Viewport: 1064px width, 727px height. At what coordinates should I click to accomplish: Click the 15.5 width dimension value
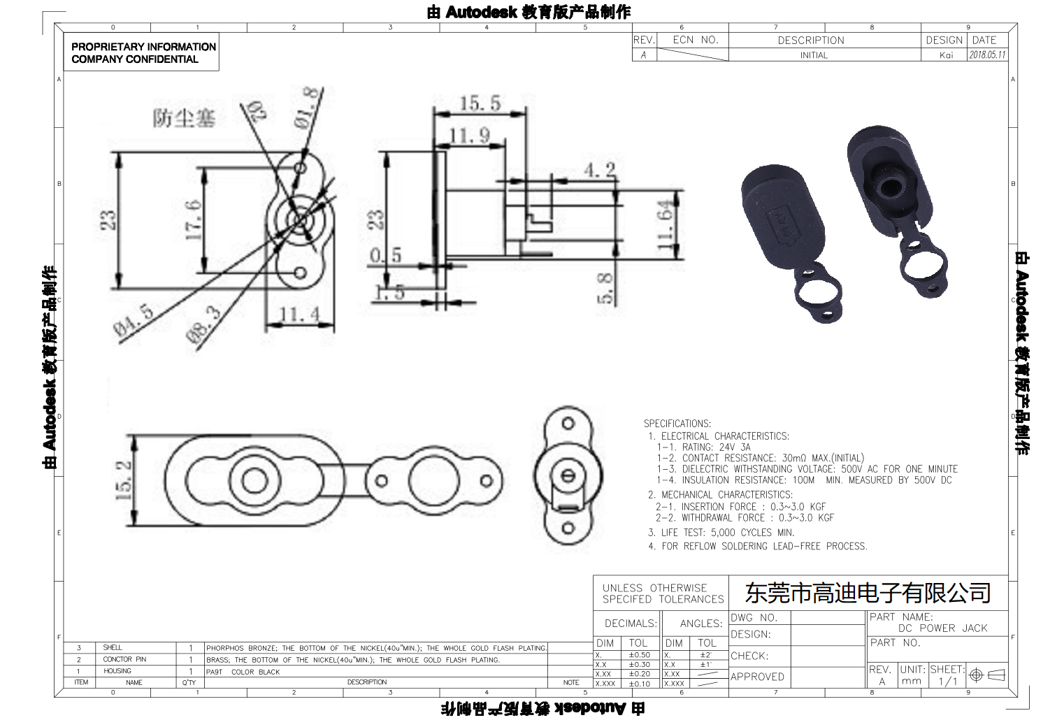click(480, 103)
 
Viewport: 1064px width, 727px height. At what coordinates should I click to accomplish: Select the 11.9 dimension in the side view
click(469, 135)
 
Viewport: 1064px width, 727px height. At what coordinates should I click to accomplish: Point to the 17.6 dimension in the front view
click(194, 220)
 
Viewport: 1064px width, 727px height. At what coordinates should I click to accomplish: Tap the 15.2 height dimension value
click(123, 480)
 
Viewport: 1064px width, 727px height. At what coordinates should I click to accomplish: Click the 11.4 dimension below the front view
click(299, 315)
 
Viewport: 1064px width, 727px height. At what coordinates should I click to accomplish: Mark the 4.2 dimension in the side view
click(600, 170)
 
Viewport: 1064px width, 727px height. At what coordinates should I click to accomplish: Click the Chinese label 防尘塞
click(184, 117)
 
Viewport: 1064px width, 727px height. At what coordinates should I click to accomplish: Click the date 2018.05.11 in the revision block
click(987, 55)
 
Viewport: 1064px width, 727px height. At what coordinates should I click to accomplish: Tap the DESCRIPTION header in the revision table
click(811, 41)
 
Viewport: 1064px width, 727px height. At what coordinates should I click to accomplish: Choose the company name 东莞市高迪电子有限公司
click(868, 593)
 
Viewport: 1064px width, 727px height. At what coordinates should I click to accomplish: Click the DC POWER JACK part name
click(942, 628)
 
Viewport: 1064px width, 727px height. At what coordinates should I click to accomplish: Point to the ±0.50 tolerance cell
click(639, 655)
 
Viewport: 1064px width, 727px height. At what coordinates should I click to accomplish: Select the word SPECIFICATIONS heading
click(677, 424)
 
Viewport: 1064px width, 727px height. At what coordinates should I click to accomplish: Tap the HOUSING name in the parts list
click(117, 671)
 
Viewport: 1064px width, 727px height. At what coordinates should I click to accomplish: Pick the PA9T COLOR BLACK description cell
click(243, 672)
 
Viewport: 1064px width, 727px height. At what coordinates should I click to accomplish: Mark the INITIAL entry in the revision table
click(814, 55)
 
